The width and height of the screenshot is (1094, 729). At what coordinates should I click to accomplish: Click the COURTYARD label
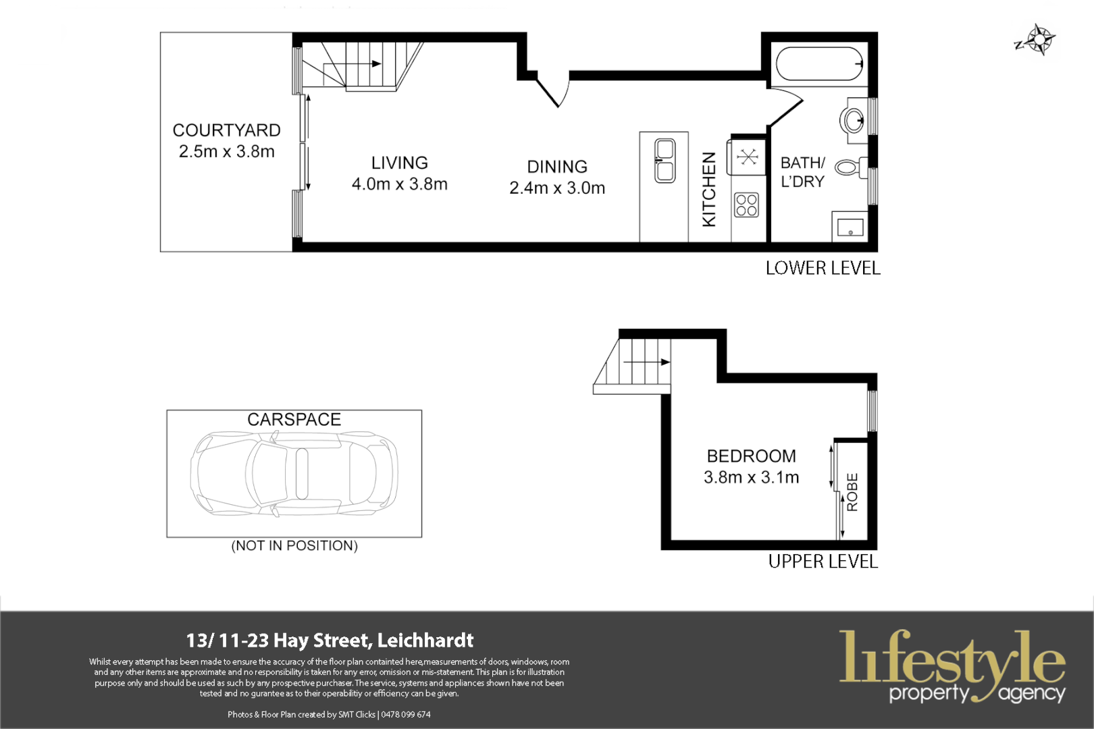226,130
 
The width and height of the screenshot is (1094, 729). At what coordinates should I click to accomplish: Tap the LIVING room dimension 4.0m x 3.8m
399,184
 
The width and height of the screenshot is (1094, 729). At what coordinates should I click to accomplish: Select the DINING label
557,167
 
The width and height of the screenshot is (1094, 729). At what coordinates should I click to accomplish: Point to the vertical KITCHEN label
709,189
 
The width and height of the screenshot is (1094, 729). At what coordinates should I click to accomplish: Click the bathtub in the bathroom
819,64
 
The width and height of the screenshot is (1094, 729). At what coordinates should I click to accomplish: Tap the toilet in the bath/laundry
850,167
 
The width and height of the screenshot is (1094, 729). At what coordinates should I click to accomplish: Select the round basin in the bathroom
852,122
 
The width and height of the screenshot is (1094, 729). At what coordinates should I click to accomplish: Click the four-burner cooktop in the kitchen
747,205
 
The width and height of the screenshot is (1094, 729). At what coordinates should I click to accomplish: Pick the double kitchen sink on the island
665,161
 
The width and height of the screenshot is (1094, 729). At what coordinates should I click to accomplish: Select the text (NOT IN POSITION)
294,545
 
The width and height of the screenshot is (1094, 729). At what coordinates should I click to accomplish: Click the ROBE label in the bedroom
852,491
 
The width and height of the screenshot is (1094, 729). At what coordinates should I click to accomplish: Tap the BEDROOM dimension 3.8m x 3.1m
751,477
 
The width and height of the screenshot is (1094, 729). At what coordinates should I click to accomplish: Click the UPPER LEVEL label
823,562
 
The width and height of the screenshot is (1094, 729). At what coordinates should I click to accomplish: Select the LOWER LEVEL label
823,268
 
